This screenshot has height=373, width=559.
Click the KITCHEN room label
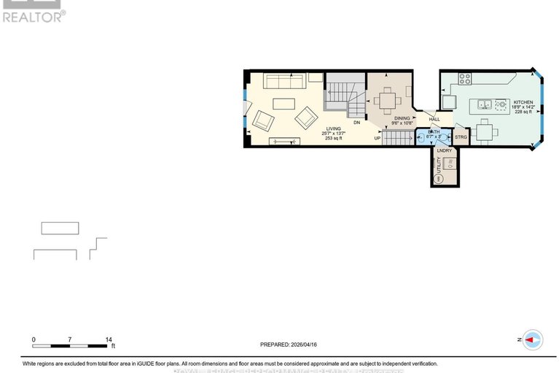click(523, 102)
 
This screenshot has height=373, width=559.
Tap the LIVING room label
click(333, 128)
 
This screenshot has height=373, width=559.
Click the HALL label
click(434, 119)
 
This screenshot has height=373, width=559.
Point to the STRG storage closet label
click(461, 136)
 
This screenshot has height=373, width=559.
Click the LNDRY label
click(445, 151)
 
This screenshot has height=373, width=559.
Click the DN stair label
click(357, 123)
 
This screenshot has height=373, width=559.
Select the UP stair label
click(378, 137)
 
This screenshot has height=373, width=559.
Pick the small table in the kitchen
click(485, 131)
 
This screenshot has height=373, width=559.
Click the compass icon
click(533, 339)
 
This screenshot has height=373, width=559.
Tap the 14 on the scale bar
click(108, 340)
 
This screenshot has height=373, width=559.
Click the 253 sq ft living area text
click(333, 138)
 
